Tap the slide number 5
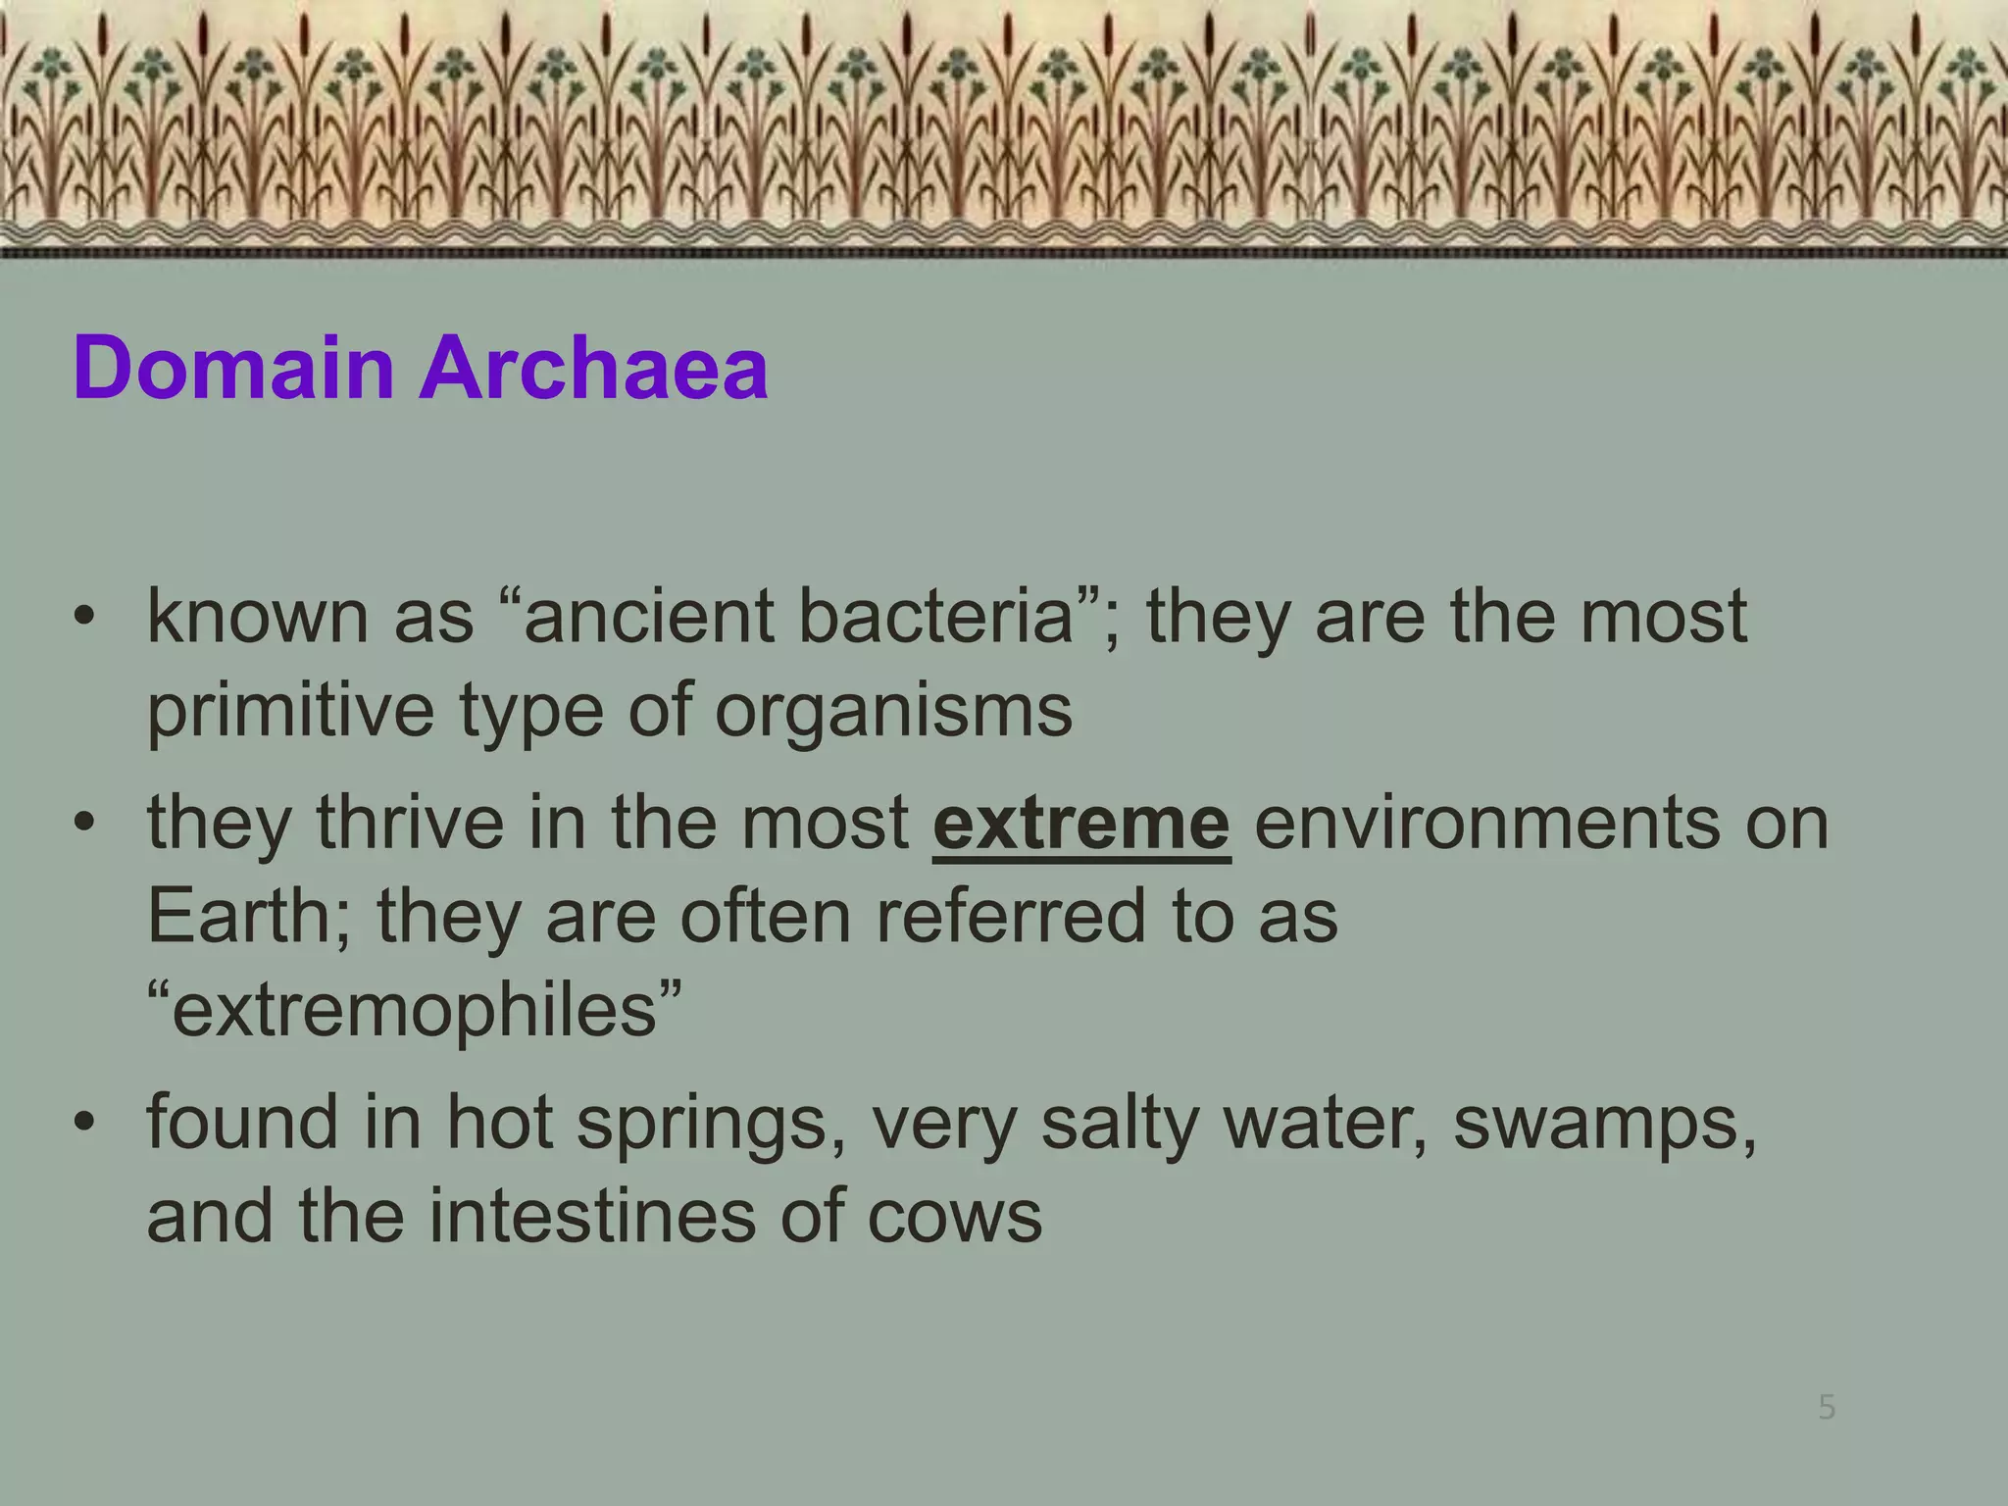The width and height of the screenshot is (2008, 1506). [x=1827, y=1408]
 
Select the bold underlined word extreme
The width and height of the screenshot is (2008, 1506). [x=1080, y=824]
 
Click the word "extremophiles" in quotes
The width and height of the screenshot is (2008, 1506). [x=414, y=1010]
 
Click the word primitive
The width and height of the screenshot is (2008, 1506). [x=290, y=711]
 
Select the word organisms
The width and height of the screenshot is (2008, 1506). [x=893, y=711]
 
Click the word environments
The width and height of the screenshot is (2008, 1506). [x=1486, y=824]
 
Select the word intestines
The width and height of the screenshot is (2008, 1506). [x=592, y=1217]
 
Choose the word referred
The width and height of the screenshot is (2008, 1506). [x=1010, y=917]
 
